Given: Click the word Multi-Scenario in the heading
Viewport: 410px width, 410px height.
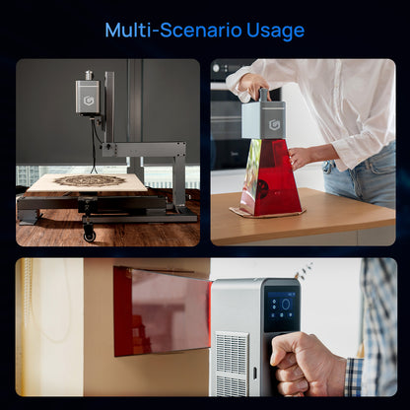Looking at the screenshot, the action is tap(173, 31).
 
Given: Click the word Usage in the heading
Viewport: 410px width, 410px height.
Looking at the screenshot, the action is tap(275, 32).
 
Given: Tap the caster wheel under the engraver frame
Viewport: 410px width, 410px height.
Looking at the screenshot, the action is tap(90, 234).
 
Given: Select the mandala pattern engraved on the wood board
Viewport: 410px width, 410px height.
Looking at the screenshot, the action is tap(90, 180).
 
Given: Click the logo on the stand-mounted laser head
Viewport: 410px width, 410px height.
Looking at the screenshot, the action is tap(88, 101).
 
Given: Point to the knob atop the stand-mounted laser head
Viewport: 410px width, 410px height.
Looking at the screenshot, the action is tap(89, 75).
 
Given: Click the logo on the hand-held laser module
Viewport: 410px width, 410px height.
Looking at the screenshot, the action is tap(274, 124).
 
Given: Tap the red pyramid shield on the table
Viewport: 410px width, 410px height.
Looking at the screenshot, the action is tap(270, 177).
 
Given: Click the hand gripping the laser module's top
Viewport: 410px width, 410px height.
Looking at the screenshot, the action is tap(253, 87).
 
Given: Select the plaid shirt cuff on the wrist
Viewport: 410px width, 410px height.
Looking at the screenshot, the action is tap(354, 376).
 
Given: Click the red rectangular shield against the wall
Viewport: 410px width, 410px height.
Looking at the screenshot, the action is tap(162, 311).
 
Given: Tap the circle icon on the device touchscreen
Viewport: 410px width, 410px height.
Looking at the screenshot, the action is tap(286, 305).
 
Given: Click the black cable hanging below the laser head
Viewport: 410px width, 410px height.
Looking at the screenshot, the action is tap(94, 145).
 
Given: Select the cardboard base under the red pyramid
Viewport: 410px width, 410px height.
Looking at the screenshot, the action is tap(267, 212).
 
